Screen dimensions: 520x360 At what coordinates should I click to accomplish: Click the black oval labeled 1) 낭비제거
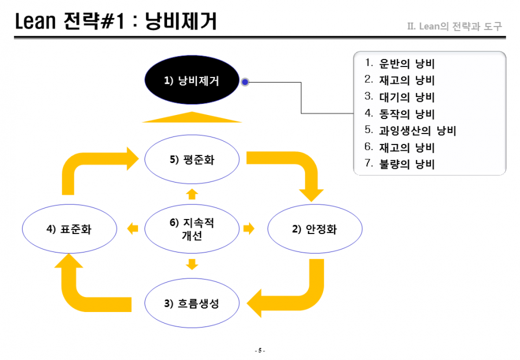tap(192, 80)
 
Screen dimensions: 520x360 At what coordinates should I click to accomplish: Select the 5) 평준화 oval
tap(192, 159)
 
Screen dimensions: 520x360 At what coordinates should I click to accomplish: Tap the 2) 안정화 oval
tap(315, 229)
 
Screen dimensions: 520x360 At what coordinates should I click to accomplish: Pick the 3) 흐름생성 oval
tap(192, 303)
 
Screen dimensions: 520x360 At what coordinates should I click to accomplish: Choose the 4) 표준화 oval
tap(69, 229)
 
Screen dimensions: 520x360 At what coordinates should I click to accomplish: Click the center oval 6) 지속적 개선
tap(192, 229)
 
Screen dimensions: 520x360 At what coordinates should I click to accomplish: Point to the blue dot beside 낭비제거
tap(245, 81)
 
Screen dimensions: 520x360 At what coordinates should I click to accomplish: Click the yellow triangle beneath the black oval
tap(192, 117)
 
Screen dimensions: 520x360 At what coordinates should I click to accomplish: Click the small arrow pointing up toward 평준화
tap(192, 194)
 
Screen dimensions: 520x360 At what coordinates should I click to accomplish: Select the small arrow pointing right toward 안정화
tap(248, 228)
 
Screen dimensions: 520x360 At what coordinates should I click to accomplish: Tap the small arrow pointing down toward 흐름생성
tap(192, 264)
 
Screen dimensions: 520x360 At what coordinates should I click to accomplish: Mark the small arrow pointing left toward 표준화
tap(133, 228)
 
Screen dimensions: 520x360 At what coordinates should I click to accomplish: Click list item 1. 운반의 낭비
tap(400, 63)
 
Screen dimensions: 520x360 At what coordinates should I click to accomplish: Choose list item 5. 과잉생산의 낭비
tap(410, 130)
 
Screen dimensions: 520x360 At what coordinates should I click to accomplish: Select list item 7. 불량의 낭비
tap(400, 164)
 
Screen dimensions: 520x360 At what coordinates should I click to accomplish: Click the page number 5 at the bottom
tap(259, 350)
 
